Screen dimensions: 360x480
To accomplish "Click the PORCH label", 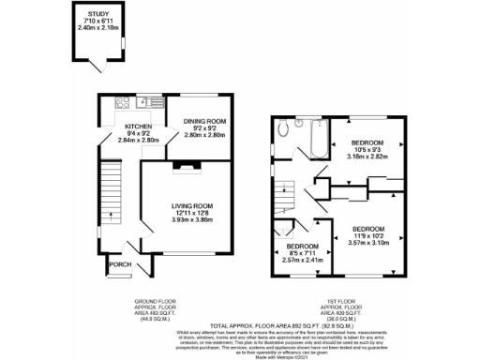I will pos(120,263).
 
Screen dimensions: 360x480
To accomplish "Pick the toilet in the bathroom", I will pos(296,124).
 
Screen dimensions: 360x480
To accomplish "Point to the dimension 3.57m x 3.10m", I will pos(368,242).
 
